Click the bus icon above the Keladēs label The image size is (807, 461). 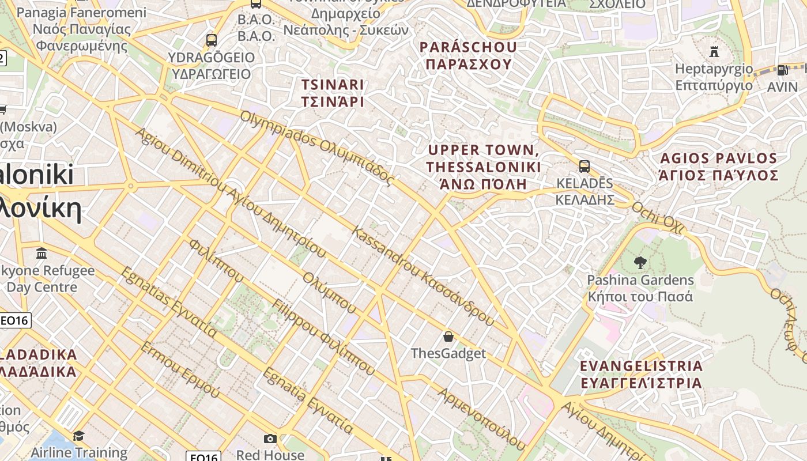(584, 167)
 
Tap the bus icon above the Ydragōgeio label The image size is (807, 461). (212, 40)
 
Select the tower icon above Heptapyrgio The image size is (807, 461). (714, 52)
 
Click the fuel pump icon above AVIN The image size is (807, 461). (782, 70)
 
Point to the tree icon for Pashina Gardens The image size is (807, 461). (640, 263)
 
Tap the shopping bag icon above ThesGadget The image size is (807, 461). (448, 336)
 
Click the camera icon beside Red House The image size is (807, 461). (270, 439)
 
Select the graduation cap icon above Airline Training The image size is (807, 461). (78, 435)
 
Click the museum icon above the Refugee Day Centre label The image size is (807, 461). (42, 253)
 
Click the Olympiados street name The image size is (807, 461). (317, 148)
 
